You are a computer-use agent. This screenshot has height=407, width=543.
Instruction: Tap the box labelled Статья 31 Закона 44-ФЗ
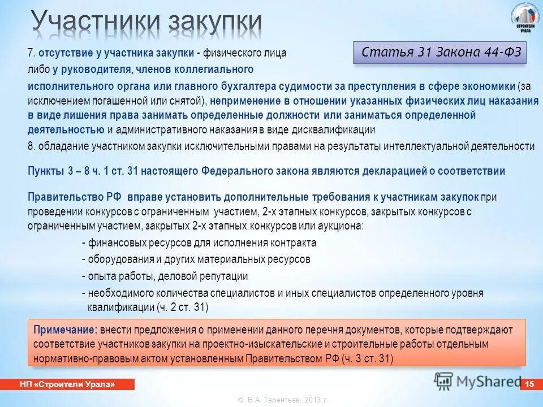coord(439,53)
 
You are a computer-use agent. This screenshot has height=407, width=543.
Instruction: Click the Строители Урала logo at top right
coord(525,19)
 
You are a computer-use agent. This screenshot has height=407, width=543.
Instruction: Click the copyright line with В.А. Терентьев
coord(283,400)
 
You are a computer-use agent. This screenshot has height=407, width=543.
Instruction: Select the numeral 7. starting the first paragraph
coord(32,53)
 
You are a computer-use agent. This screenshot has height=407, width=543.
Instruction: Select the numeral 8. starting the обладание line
coord(32,146)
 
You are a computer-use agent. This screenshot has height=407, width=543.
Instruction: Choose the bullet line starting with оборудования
coord(196,259)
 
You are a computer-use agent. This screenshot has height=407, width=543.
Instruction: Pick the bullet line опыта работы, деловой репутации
coord(165,276)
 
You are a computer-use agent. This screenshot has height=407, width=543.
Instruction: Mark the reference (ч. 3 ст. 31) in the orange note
coord(367,358)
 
